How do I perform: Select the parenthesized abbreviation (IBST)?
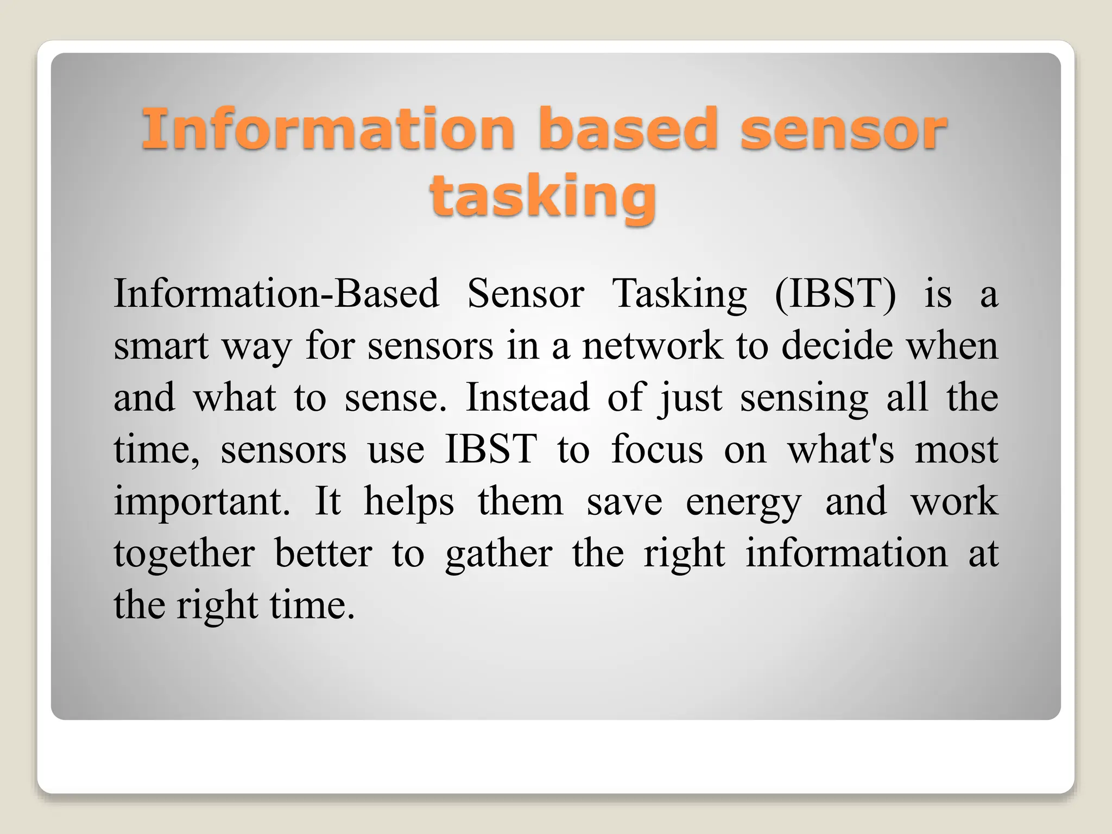pyautogui.click(x=835, y=294)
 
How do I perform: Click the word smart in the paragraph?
pyautogui.click(x=161, y=346)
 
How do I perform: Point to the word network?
pyautogui.click(x=653, y=346)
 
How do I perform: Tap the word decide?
pyautogui.click(x=837, y=346)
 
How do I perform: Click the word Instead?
pyautogui.click(x=527, y=397)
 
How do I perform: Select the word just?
pyautogui.click(x=690, y=399)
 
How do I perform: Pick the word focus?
pyautogui.click(x=657, y=450)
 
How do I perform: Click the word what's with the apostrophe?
pyautogui.click(x=841, y=450)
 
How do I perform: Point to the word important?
pyautogui.click(x=201, y=502)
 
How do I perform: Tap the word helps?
pyautogui.click(x=408, y=502)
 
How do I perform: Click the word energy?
pyautogui.click(x=743, y=503)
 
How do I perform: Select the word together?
pyautogui.click(x=184, y=554)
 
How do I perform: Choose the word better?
pyautogui.click(x=323, y=554)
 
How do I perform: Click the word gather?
pyautogui.click(x=498, y=554)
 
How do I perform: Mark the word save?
pyautogui.click(x=624, y=502)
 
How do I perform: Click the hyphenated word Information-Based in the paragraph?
pyautogui.click(x=276, y=294)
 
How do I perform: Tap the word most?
pyautogui.click(x=956, y=450)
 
